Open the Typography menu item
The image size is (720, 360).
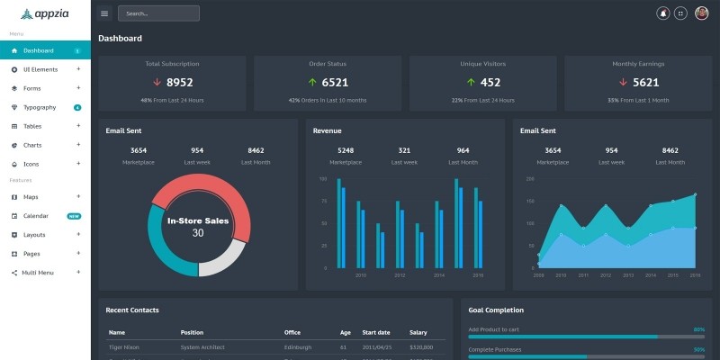(x=40, y=107)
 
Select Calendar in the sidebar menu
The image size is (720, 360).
(x=35, y=216)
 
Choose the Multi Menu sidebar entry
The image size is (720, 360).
(x=38, y=272)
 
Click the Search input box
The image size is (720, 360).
(x=158, y=13)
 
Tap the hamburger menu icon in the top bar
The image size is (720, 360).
(x=104, y=13)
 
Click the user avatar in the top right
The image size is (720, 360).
(x=702, y=13)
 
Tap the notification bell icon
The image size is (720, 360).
(x=663, y=13)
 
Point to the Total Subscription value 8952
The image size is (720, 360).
(x=179, y=83)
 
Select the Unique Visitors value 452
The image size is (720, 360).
(x=490, y=83)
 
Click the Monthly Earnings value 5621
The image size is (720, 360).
(x=646, y=83)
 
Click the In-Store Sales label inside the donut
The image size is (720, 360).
(x=198, y=220)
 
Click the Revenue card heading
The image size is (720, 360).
(x=327, y=130)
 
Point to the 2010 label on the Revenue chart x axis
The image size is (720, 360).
(x=361, y=275)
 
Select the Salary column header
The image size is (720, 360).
(x=418, y=332)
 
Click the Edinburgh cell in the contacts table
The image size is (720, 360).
(x=297, y=346)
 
